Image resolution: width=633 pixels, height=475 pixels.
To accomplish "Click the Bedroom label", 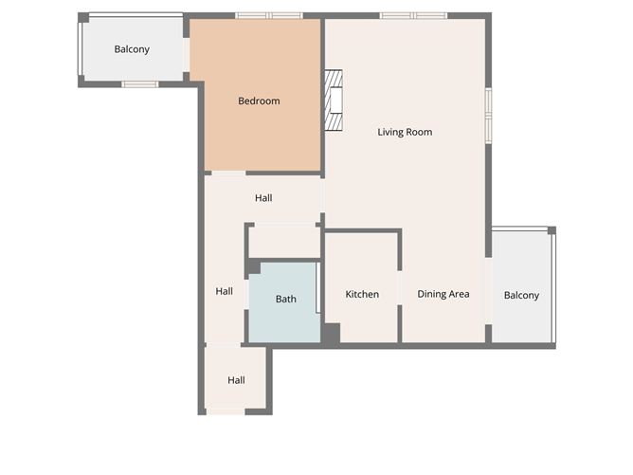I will pyautogui.click(x=259, y=101).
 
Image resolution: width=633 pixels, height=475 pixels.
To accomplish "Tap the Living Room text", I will pyautogui.click(x=405, y=132).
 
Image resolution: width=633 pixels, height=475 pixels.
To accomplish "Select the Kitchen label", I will pyautogui.click(x=362, y=295).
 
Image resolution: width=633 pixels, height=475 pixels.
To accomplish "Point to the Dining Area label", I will pyautogui.click(x=443, y=295).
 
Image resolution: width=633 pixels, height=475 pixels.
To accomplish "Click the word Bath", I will pyautogui.click(x=285, y=300).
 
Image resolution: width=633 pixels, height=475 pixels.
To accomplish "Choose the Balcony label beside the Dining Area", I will pyautogui.click(x=521, y=296).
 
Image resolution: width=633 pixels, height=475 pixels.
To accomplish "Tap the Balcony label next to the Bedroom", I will pyautogui.click(x=132, y=49).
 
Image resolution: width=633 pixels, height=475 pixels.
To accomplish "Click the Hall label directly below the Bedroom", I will pyautogui.click(x=263, y=198).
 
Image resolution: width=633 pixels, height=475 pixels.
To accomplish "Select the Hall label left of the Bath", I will pyautogui.click(x=224, y=291).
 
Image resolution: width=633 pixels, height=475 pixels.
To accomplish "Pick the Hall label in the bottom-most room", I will pyautogui.click(x=236, y=380).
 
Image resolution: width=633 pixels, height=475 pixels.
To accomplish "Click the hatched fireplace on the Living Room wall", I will pyautogui.click(x=333, y=100).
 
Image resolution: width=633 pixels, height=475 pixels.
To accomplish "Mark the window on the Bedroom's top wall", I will pyautogui.click(x=268, y=15).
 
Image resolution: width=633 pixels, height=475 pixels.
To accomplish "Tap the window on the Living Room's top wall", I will pyautogui.click(x=413, y=15).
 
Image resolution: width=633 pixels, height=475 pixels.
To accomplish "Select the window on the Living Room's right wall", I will pyautogui.click(x=488, y=115).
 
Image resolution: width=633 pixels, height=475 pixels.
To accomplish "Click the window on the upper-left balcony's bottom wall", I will pyautogui.click(x=140, y=84).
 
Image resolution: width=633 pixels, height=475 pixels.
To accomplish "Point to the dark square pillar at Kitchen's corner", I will pyautogui.click(x=331, y=334).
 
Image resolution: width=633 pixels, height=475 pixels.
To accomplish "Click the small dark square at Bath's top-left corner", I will pyautogui.click(x=253, y=268).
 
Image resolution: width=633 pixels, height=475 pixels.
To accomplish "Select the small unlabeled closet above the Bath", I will pyautogui.click(x=283, y=241).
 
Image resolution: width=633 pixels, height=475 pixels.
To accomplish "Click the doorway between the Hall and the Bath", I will pyautogui.click(x=247, y=295).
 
